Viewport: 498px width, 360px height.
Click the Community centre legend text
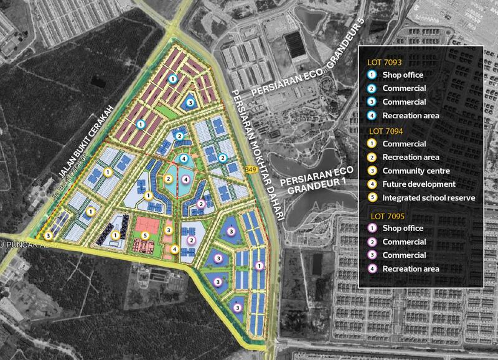pos(414,171)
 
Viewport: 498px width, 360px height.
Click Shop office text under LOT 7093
pos(402,75)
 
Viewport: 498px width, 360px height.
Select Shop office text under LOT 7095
pos(402,229)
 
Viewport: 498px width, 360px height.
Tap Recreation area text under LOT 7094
pos(411,157)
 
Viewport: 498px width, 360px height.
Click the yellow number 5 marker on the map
pos(144,235)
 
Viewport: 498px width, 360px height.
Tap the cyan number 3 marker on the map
pos(190,102)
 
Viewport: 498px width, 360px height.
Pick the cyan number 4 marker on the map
pos(184,159)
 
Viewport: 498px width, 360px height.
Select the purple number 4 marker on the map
pos(184,179)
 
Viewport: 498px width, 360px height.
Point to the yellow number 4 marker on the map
pos(175,249)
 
